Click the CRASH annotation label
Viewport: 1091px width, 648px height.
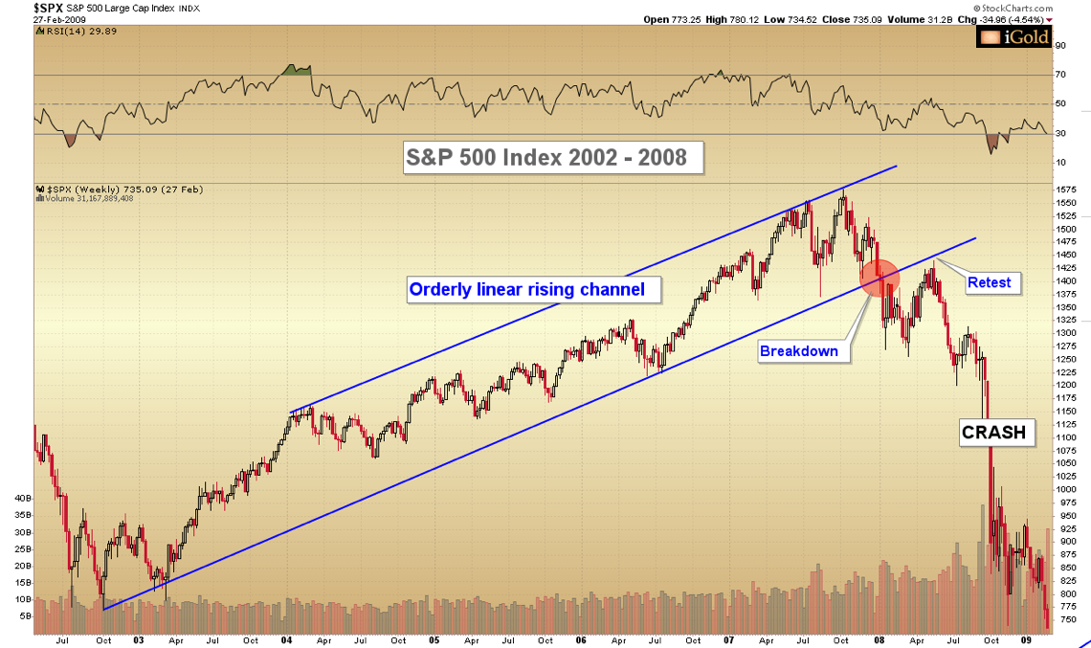point(993,433)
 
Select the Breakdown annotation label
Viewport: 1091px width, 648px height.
point(798,351)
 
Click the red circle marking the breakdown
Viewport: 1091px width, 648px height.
point(879,278)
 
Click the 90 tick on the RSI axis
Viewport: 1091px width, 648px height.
point(1060,45)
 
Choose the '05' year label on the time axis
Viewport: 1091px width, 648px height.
point(433,639)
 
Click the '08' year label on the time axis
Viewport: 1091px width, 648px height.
point(879,639)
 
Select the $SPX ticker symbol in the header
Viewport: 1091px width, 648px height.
point(19,7)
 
